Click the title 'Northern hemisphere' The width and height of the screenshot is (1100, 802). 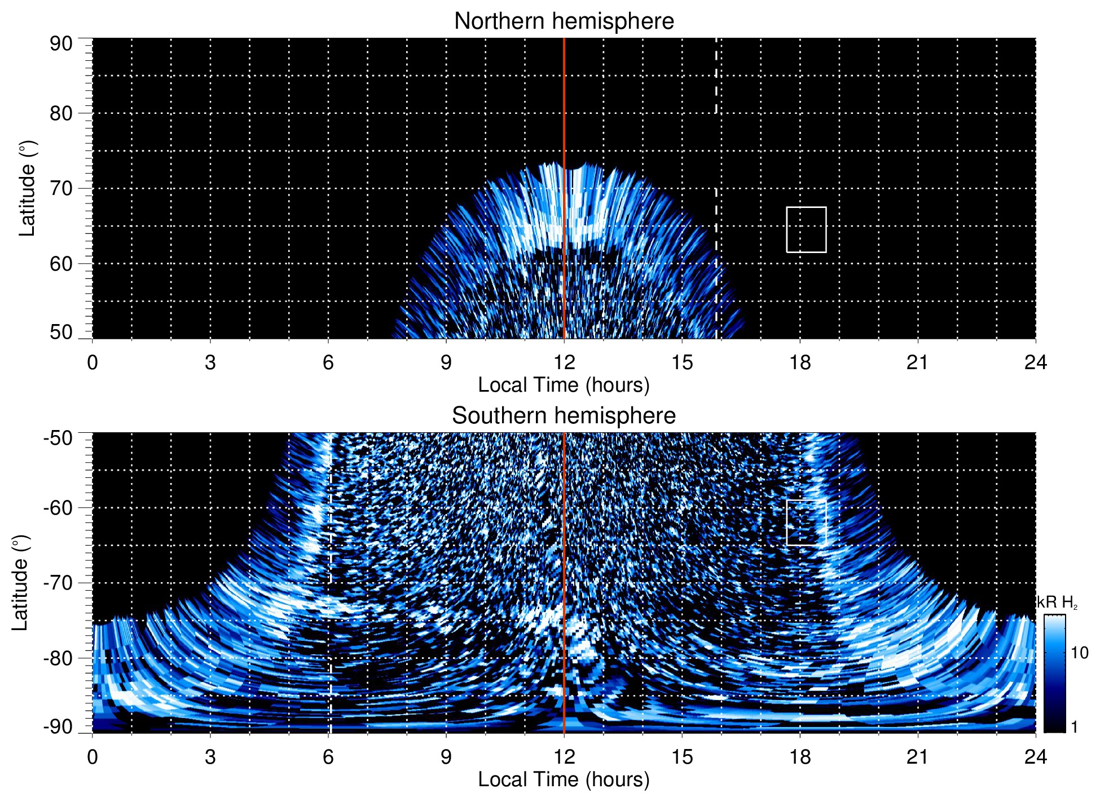[564, 21]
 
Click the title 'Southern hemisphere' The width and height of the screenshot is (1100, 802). [564, 416]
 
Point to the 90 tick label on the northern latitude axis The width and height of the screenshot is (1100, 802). [61, 44]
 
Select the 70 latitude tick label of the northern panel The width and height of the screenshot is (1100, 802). [61, 188]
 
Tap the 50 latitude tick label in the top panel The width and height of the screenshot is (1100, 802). [61, 333]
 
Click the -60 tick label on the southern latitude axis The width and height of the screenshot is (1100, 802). [58, 508]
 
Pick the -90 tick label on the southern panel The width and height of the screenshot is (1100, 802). [58, 727]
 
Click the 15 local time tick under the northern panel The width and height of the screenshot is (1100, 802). [682, 362]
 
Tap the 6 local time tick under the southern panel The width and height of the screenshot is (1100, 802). [328, 757]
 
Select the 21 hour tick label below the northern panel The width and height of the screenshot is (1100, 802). [918, 362]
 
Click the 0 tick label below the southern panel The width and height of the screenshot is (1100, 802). [93, 757]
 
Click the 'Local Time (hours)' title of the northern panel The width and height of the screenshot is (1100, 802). [564, 385]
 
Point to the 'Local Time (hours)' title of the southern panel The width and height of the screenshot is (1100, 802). [564, 779]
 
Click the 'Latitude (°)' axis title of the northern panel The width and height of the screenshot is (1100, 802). [27, 188]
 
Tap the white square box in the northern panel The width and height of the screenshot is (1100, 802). [806, 229]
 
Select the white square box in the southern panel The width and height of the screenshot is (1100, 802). [806, 522]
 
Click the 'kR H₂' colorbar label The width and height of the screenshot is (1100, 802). [1057, 602]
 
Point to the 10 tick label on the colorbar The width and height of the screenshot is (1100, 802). [1080, 653]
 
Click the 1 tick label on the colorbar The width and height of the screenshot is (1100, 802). [1074, 727]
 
